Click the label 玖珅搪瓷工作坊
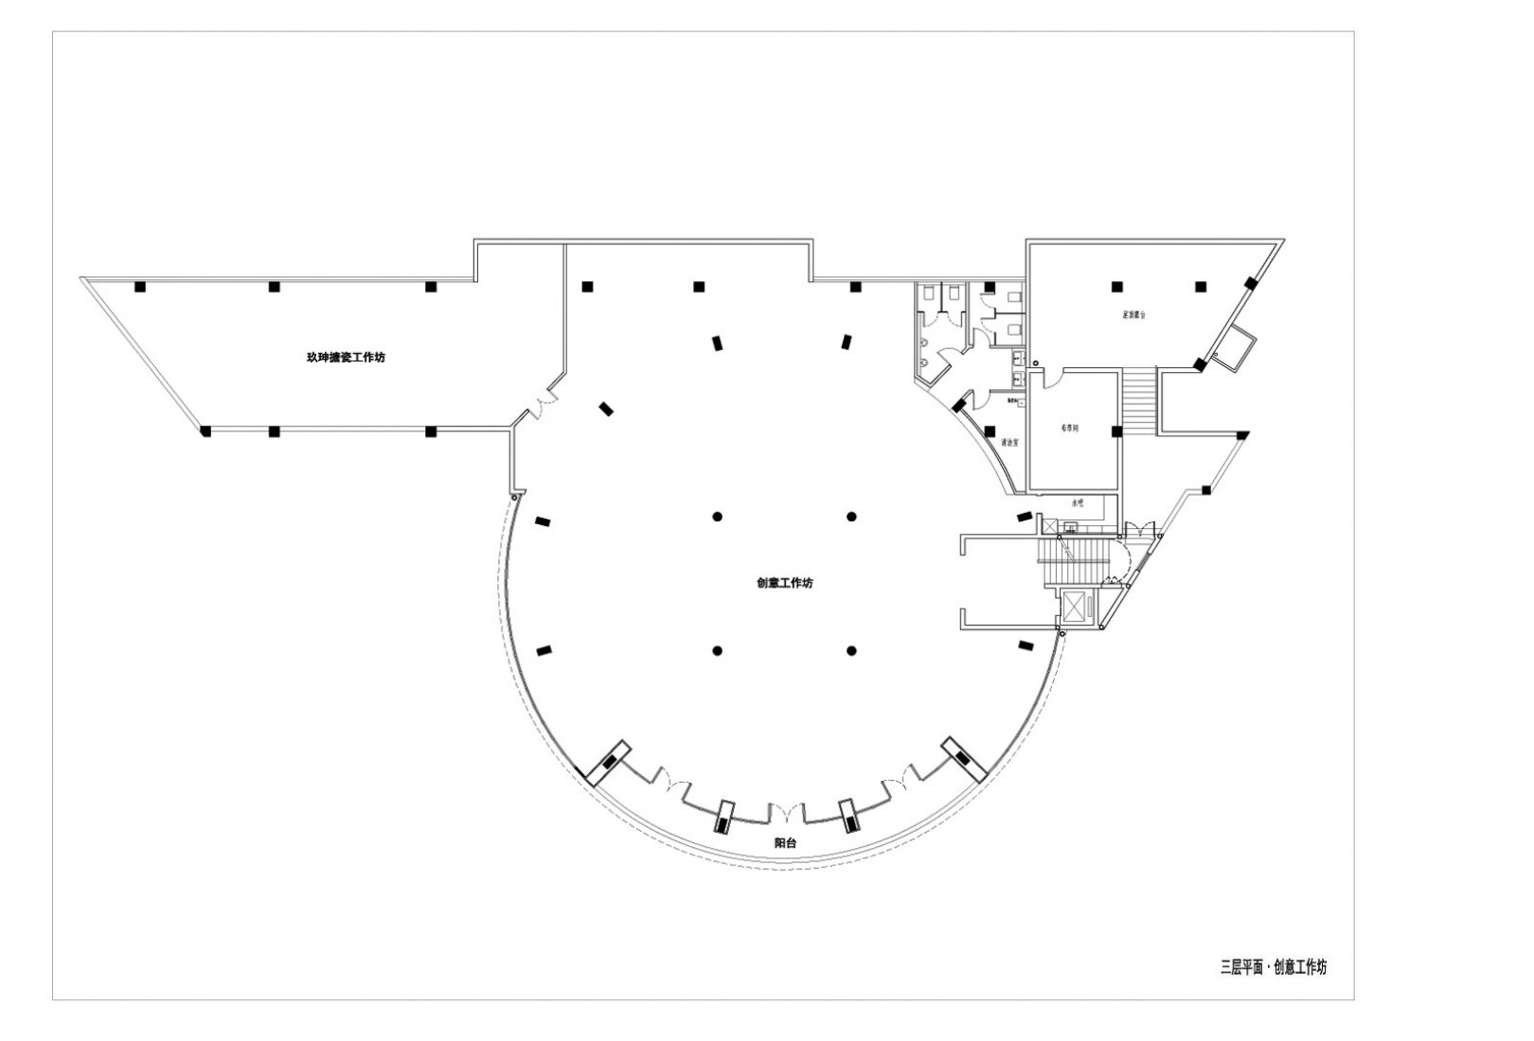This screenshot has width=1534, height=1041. [x=345, y=358]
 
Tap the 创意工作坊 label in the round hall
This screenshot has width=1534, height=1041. [x=784, y=583]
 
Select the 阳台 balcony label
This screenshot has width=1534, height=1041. [x=785, y=842]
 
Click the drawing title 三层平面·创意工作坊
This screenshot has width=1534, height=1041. [x=1273, y=967]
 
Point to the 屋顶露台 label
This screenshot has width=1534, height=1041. [x=1133, y=315]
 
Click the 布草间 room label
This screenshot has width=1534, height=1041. [x=1069, y=429]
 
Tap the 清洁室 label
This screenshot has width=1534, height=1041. [x=1009, y=443]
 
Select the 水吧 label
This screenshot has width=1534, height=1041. [x=1076, y=503]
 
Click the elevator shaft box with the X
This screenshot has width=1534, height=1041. [x=1076, y=606]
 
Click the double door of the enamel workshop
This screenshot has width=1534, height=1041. [x=541, y=407]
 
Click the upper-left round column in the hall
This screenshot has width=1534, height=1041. [x=718, y=516]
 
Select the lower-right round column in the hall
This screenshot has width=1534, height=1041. [x=852, y=650]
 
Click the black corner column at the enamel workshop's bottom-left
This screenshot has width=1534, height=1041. [x=205, y=432]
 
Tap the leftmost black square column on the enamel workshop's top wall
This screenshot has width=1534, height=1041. [x=139, y=286]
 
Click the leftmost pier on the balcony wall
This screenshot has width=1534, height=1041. [x=606, y=762]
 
